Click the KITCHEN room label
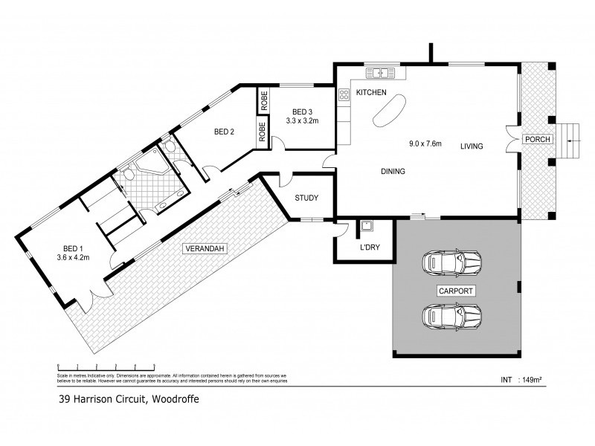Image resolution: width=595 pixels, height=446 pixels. pos(371,93)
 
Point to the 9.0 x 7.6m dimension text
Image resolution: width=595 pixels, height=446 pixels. pos(425,143)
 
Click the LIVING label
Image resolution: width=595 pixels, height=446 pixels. pos(471,146)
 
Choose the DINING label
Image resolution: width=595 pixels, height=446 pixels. pos(393,172)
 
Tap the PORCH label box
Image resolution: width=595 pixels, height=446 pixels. pos(536,140)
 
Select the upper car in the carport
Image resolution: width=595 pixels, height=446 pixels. pos(451,262)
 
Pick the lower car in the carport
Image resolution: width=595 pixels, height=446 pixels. pos(451,316)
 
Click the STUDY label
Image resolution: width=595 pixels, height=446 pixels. pos(306,198)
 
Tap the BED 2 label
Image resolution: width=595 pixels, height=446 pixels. pos(224,132)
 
